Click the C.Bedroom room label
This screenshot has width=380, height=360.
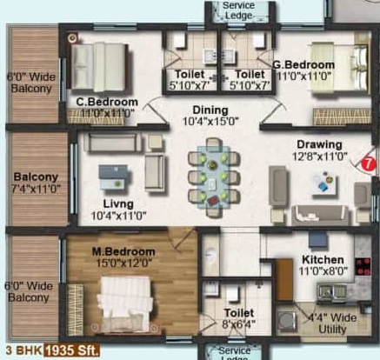coord(103,102)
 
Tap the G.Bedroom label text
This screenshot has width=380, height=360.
coord(303,65)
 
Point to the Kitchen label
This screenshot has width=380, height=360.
coord(323,260)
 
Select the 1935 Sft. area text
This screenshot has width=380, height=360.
coord(73,351)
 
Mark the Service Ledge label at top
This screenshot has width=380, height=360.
coord(237,10)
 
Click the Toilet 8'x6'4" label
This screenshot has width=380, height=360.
coord(237,317)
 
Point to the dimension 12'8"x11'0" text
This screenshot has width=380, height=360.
coord(317,157)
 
